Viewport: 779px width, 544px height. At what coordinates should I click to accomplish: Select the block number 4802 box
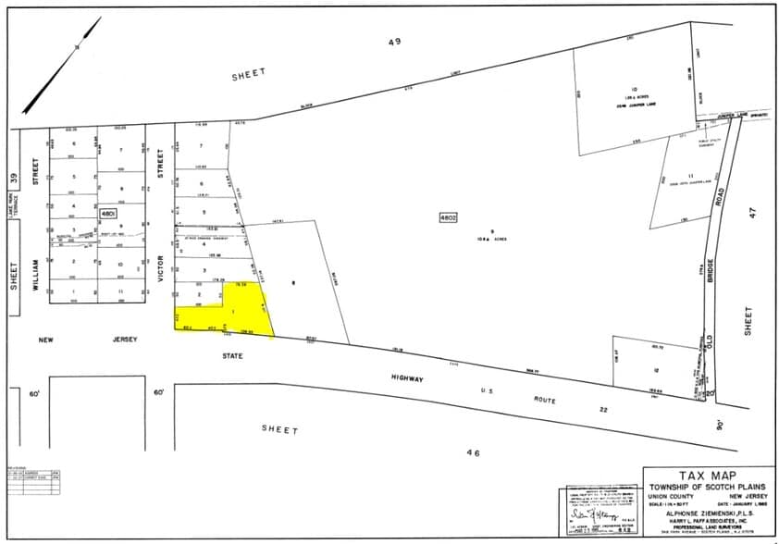[x=448, y=216]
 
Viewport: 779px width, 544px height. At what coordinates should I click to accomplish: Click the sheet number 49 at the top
[x=395, y=43]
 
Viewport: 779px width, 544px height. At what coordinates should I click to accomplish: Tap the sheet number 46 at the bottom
[x=474, y=451]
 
